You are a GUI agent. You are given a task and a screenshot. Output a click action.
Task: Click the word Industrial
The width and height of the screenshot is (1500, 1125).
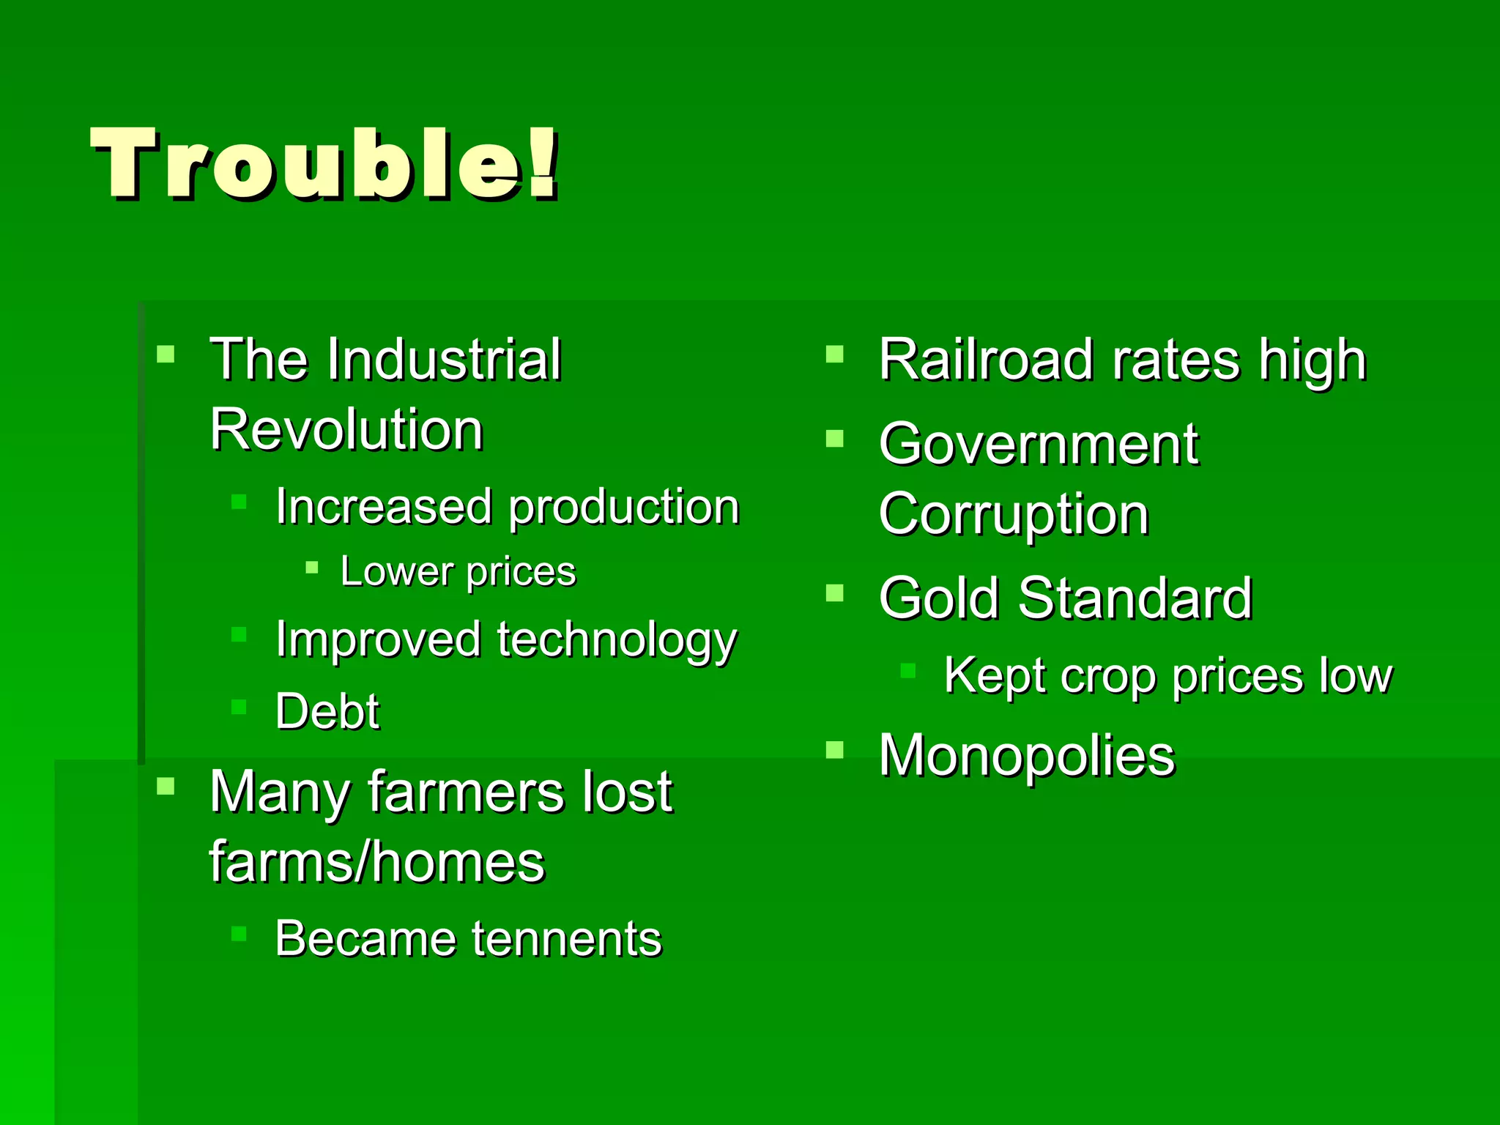click(444, 360)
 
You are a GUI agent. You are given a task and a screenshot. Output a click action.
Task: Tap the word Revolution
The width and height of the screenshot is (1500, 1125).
click(346, 429)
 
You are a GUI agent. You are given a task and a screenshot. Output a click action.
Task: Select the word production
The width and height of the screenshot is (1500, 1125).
click(624, 508)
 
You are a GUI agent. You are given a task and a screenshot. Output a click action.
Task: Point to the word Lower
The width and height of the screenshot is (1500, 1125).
click(397, 571)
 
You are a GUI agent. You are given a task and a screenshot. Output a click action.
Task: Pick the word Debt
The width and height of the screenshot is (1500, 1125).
click(327, 711)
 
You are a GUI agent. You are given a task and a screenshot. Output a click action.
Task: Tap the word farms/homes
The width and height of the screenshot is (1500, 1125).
click(377, 861)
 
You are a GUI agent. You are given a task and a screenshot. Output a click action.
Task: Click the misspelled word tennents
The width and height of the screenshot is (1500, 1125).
click(567, 939)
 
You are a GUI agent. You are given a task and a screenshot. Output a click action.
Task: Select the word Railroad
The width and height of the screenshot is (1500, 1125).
click(986, 360)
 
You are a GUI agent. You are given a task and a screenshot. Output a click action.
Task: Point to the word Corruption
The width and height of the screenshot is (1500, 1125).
click(1014, 514)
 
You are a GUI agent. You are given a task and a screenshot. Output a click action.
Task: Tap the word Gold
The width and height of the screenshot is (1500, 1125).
click(939, 598)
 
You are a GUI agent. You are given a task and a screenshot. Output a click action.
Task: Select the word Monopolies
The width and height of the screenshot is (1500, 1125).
click(1027, 755)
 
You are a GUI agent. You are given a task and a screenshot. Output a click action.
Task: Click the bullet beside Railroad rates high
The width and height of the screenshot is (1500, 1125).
click(834, 355)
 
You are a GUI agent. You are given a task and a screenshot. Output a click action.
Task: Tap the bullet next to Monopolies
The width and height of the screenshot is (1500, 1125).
click(834, 750)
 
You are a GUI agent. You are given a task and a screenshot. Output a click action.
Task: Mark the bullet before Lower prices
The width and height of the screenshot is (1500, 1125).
click(312, 567)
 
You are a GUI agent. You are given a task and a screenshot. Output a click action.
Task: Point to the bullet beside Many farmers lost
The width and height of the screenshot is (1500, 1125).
click(166, 787)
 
